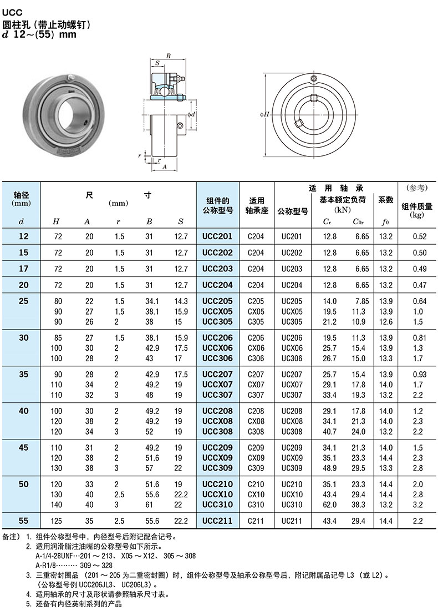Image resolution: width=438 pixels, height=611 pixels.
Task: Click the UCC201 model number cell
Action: [x=217, y=236]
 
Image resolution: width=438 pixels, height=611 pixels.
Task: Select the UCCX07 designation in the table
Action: [x=217, y=385]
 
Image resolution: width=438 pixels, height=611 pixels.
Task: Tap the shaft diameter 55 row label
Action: [x=23, y=521]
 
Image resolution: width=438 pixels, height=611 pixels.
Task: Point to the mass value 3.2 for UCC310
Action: [x=417, y=504]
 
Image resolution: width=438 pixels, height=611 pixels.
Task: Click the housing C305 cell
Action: [x=256, y=322]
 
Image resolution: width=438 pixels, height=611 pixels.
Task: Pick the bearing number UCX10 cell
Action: [x=292, y=494]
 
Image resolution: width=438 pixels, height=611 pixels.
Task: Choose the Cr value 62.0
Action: [x=329, y=504]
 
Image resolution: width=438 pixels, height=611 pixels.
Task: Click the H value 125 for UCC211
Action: [x=57, y=521]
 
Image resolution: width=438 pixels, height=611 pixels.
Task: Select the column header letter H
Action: [x=56, y=222]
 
